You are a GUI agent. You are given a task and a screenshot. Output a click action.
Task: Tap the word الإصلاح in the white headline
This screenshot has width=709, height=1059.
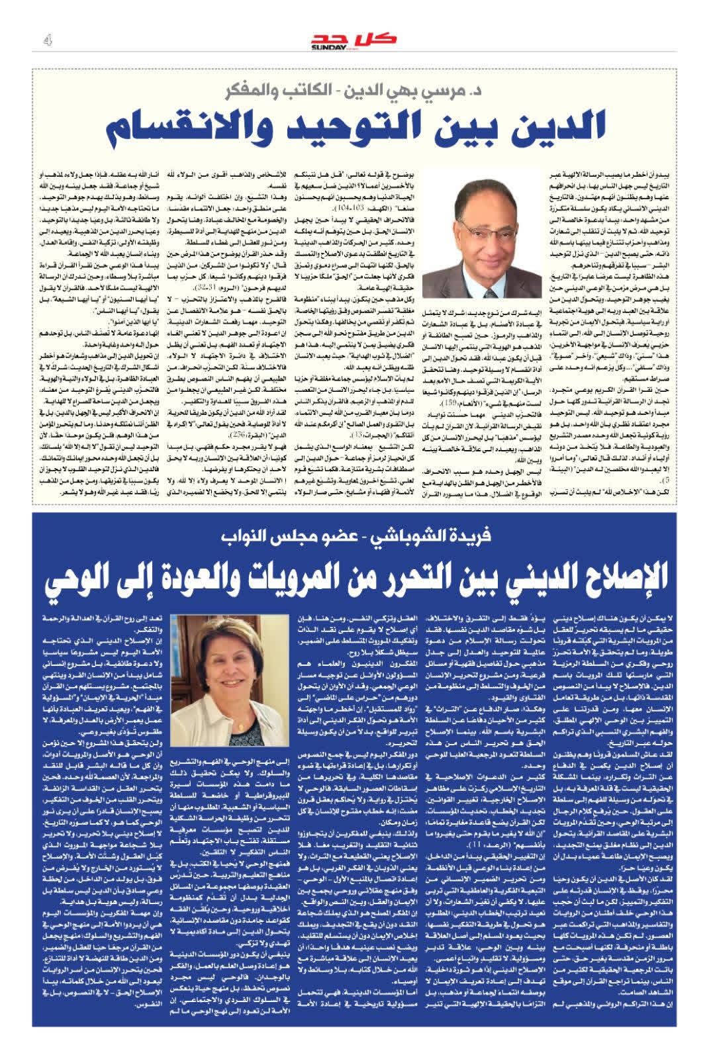tap(612, 576)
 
